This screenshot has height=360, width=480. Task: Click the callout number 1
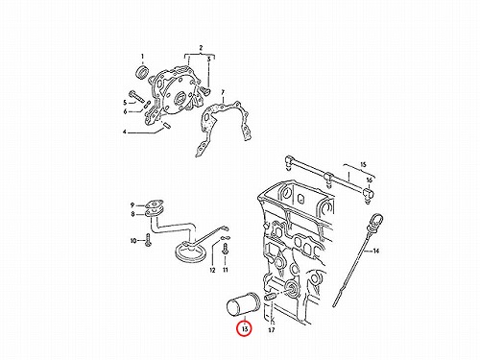click(x=143, y=57)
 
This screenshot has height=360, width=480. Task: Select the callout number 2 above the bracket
click(x=201, y=48)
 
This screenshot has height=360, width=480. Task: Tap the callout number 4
click(x=125, y=132)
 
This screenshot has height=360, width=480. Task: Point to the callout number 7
click(x=223, y=92)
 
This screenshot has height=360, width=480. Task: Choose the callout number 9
click(x=132, y=205)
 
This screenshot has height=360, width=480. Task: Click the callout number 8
click(x=132, y=214)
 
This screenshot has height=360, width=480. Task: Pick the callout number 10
click(x=133, y=240)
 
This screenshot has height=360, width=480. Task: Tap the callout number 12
click(x=212, y=270)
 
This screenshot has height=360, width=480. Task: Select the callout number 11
click(x=226, y=270)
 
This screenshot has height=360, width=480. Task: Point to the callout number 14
click(x=375, y=251)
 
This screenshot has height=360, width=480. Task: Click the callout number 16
click(x=370, y=180)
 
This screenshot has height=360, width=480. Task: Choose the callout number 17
click(x=271, y=329)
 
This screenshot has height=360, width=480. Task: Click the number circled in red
click(x=245, y=329)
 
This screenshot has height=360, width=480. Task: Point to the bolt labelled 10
click(x=148, y=240)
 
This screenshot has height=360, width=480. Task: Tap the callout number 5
click(x=125, y=103)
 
